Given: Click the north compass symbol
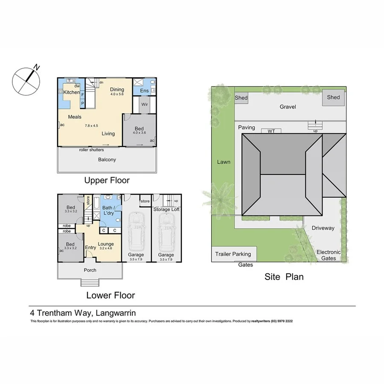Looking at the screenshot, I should click(26, 79).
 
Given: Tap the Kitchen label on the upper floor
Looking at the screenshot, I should click(72, 92).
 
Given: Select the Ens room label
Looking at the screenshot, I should click(144, 90).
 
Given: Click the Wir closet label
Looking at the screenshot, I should click(144, 104).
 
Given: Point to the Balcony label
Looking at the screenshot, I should click(106, 160).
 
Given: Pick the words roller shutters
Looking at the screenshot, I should click(91, 150).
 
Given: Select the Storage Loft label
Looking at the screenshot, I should click(166, 209).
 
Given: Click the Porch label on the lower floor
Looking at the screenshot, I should click(90, 270).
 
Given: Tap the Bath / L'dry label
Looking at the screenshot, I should click(111, 210).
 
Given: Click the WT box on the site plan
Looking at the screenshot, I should click(271, 131).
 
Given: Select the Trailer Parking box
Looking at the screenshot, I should click(233, 254).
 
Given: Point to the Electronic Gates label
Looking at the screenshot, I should click(329, 255).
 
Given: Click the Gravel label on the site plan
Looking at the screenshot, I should click(288, 107).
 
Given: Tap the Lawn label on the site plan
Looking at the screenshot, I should click(223, 162).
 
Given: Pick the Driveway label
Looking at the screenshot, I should click(323, 228).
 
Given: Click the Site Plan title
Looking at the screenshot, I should click(284, 276).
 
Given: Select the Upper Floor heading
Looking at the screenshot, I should click(107, 180).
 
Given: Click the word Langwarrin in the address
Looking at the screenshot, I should click(116, 313).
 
